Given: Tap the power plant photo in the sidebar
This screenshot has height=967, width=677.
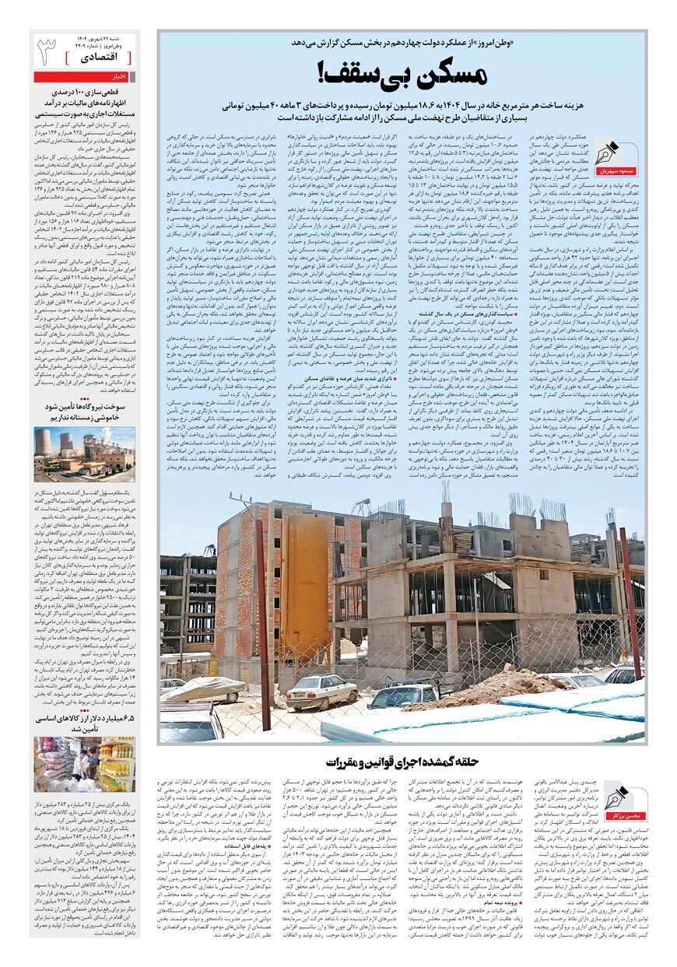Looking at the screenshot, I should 84,453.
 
